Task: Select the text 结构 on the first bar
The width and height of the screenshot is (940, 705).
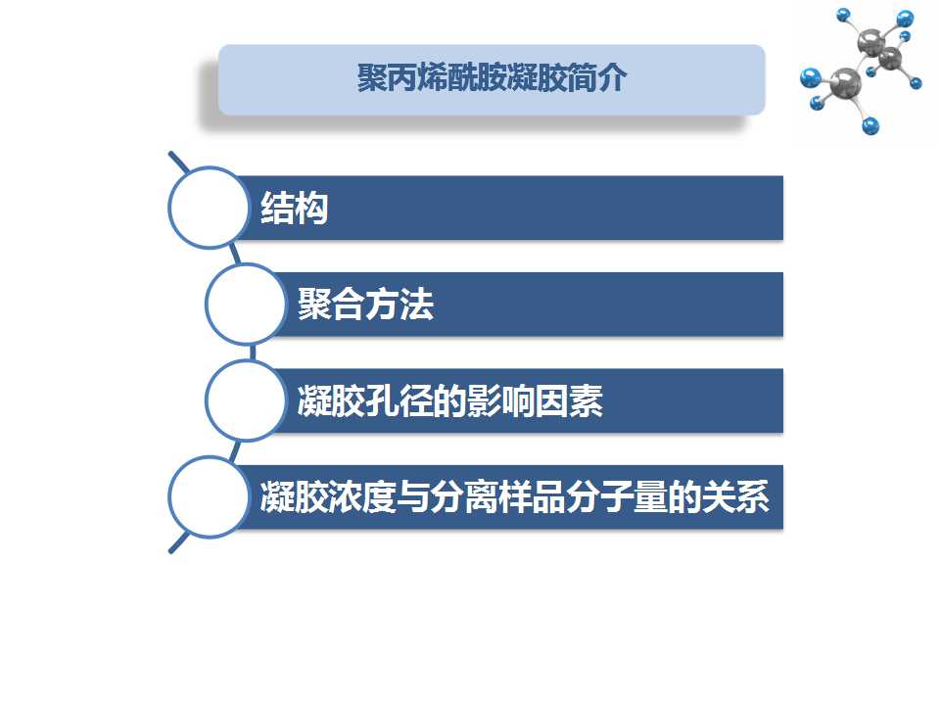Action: pyautogui.click(x=295, y=208)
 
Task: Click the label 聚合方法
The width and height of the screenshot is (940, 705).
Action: pyautogui.click(x=365, y=305)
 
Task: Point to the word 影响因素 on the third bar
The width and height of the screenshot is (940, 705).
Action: pyautogui.click(x=535, y=401)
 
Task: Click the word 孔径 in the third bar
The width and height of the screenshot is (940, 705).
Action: pyautogui.click(x=399, y=401)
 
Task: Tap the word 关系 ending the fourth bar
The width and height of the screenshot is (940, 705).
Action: pyautogui.click(x=735, y=497)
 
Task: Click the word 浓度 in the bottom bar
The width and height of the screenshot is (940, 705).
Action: pyautogui.click(x=362, y=497)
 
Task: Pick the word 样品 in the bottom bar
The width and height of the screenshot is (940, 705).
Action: pyautogui.click(x=532, y=497)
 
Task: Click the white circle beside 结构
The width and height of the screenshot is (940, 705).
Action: pyautogui.click(x=209, y=208)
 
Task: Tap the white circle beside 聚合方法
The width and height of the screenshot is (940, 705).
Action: pyautogui.click(x=246, y=304)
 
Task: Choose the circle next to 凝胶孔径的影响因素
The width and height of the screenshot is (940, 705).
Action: pyautogui.click(x=246, y=400)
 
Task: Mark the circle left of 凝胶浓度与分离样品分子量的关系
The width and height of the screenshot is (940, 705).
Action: pyautogui.click(x=209, y=497)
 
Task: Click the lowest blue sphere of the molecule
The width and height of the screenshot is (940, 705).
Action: pyautogui.click(x=869, y=126)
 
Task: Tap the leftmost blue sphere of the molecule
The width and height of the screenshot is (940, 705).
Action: pyautogui.click(x=811, y=78)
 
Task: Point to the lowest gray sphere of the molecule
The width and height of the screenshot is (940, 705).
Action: pyautogui.click(x=845, y=83)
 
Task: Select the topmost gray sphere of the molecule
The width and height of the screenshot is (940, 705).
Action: pyautogui.click(x=871, y=41)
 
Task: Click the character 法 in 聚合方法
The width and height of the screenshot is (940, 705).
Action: pyautogui.click(x=417, y=305)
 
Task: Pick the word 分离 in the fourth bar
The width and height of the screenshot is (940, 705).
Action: pyautogui.click(x=464, y=497)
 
